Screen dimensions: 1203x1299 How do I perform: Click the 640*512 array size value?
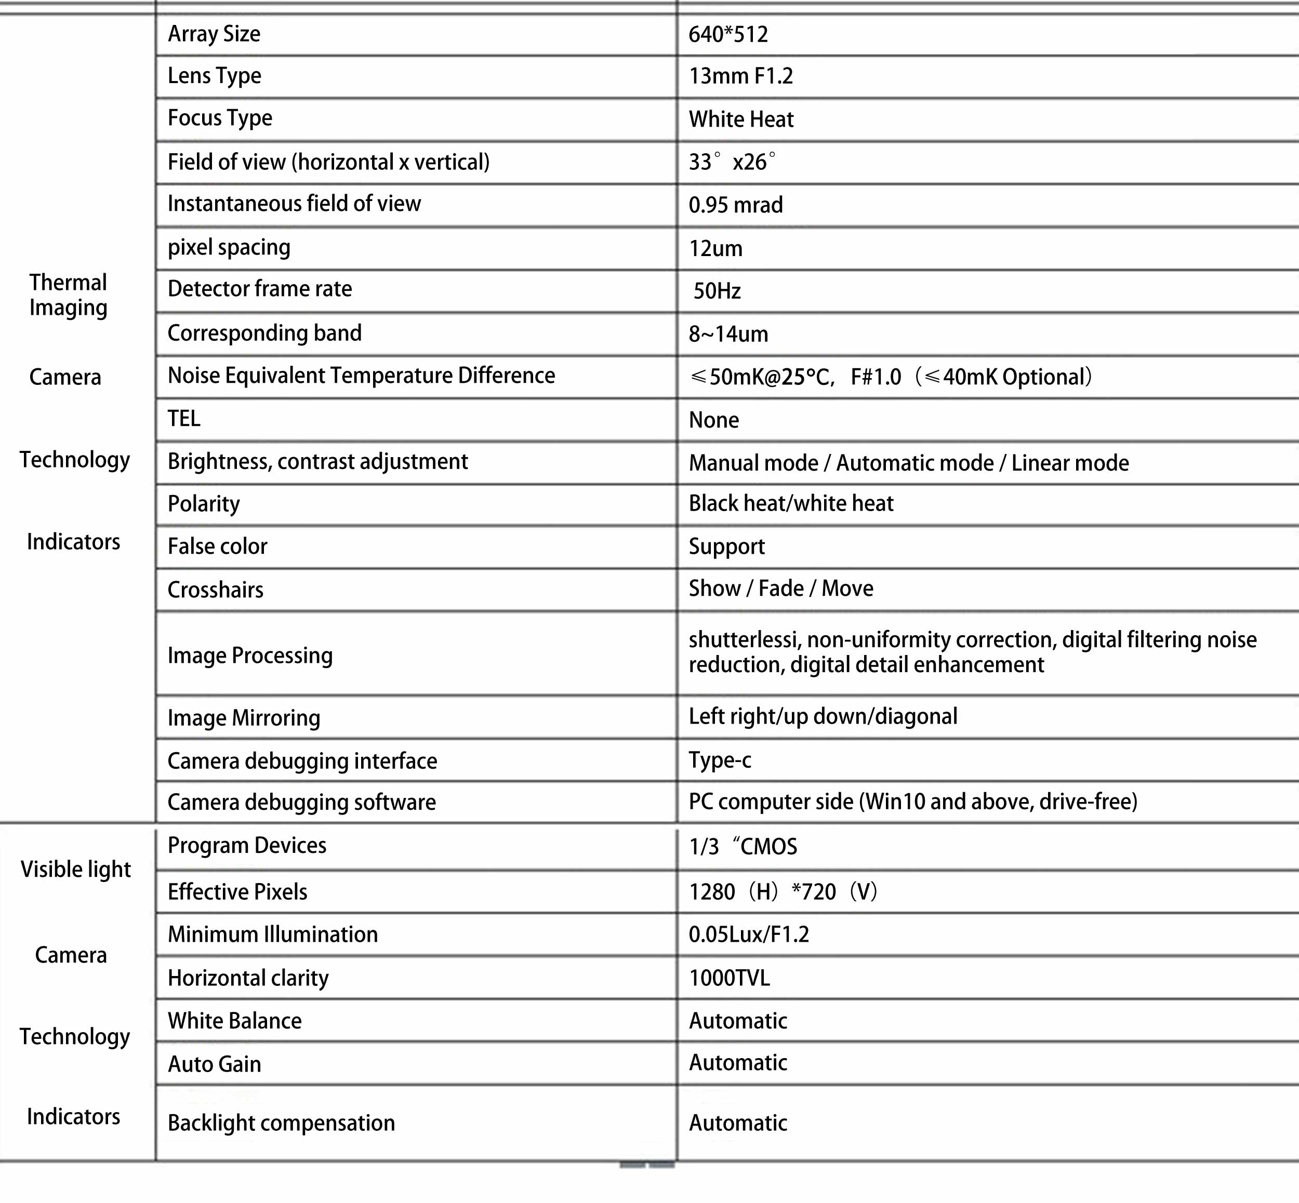click(x=728, y=34)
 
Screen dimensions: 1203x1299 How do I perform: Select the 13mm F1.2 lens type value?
click(x=740, y=76)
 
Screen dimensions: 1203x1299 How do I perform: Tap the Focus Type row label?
click(x=219, y=118)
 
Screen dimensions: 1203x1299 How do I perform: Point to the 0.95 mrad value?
click(x=735, y=205)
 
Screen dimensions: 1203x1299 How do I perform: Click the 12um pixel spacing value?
click(x=715, y=248)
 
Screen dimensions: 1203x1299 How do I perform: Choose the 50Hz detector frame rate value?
click(x=717, y=291)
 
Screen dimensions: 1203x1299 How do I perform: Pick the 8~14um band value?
click(x=728, y=334)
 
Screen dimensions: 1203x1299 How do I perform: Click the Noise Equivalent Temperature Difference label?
click(x=361, y=376)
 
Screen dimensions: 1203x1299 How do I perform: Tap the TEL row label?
click(x=183, y=419)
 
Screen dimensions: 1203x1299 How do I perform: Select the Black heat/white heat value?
click(x=790, y=503)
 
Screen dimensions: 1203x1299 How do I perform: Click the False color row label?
click(x=217, y=546)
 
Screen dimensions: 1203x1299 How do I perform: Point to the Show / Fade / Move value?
click(x=781, y=589)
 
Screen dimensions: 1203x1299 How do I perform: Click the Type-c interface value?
click(x=720, y=760)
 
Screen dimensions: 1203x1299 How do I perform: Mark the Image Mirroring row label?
click(x=244, y=717)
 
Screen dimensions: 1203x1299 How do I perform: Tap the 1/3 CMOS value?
click(x=743, y=846)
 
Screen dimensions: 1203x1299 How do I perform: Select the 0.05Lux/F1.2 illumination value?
click(x=748, y=934)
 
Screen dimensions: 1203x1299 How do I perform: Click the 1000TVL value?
click(x=728, y=978)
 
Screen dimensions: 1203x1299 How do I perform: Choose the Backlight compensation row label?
click(x=281, y=1123)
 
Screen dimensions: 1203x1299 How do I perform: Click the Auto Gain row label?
click(x=214, y=1064)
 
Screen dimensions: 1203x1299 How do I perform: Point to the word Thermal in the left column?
click(x=68, y=283)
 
